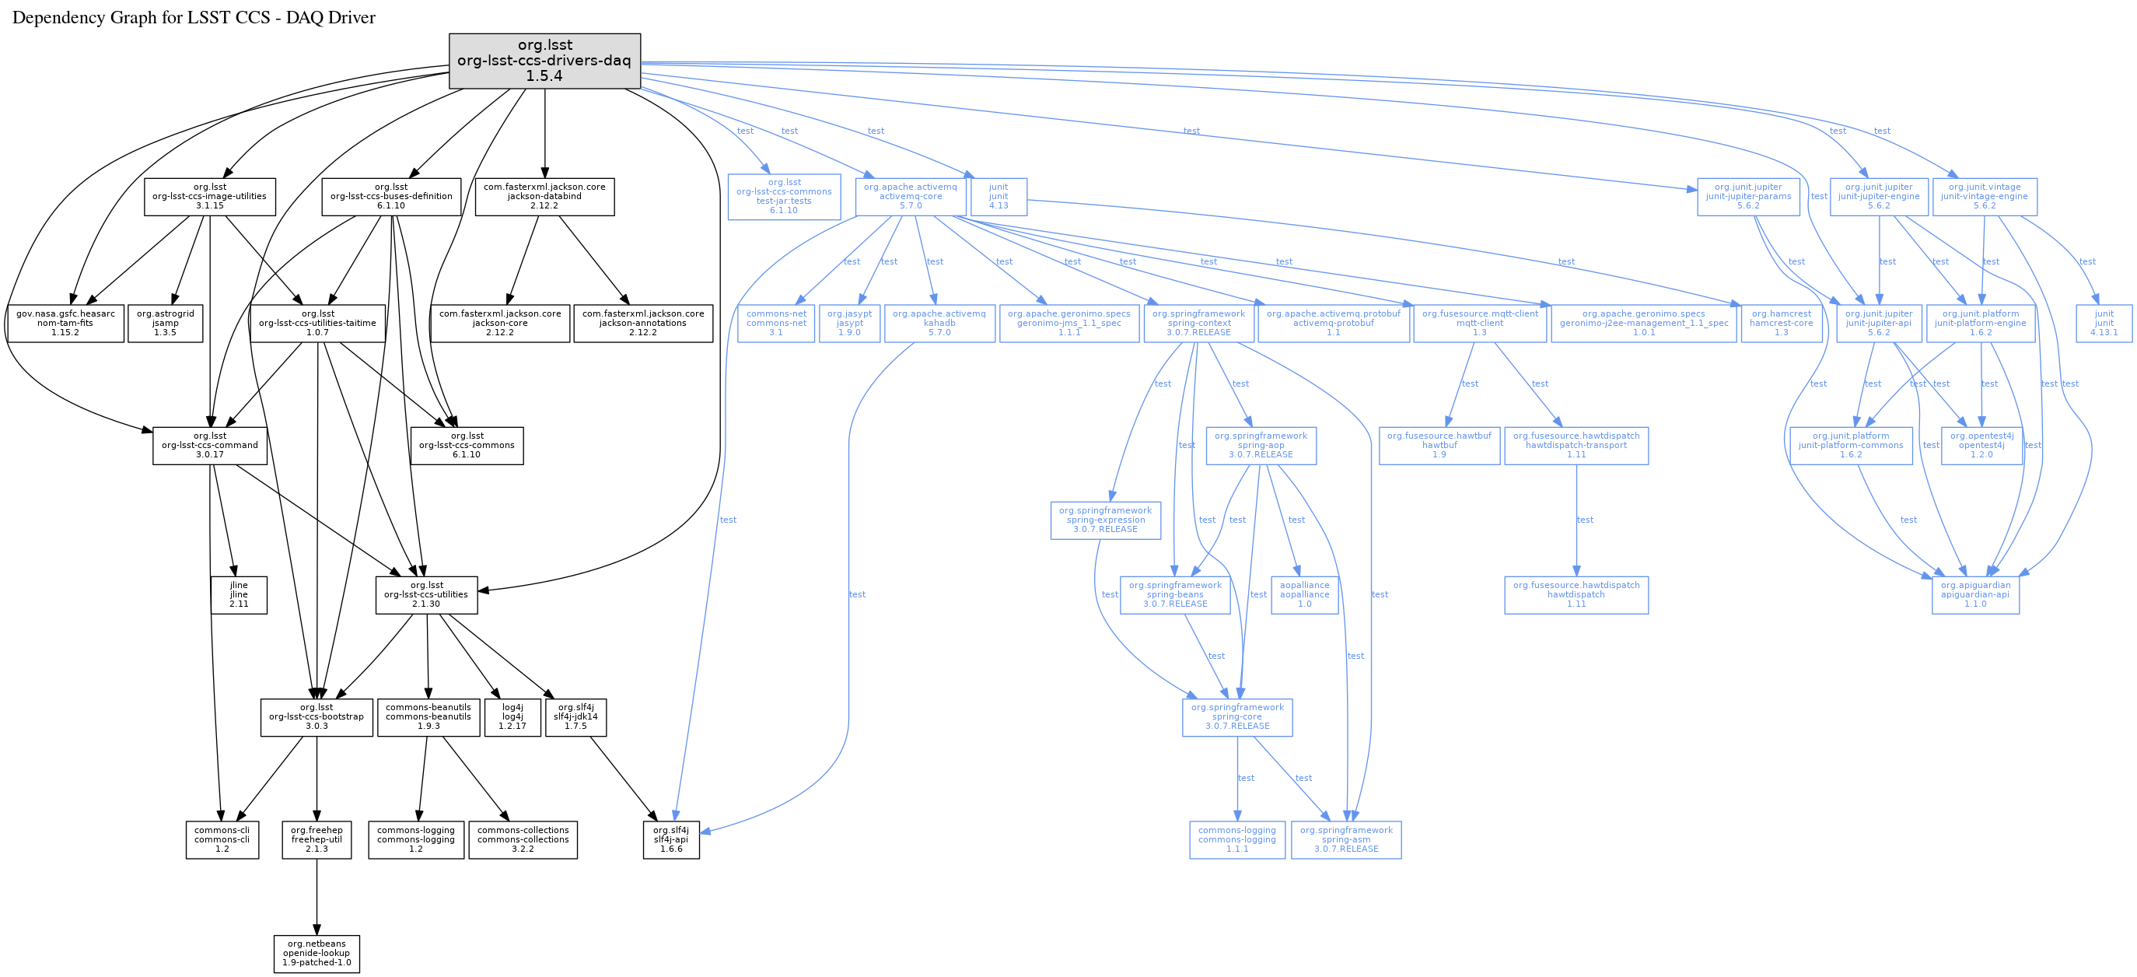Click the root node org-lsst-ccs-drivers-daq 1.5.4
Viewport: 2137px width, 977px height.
[544, 61]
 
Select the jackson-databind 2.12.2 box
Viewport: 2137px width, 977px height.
[544, 197]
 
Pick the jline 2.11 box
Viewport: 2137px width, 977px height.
[239, 595]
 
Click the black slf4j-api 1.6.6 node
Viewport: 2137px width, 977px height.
[671, 839]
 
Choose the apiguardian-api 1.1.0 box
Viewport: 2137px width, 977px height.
[1974, 595]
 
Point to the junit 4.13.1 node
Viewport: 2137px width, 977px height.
[2104, 323]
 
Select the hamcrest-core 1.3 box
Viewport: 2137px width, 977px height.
[1781, 323]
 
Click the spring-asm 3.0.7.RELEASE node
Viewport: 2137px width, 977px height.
[1345, 839]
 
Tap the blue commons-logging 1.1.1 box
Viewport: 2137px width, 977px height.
[1237, 839]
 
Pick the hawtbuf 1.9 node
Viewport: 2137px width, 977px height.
[1439, 445]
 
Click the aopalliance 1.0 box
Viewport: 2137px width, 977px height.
[1304, 595]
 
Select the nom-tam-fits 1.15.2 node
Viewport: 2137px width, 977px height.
[65, 323]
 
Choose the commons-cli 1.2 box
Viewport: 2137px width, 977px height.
[222, 839]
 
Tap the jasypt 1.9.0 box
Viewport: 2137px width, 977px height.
[849, 323]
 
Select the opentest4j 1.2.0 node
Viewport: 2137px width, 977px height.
[1981, 445]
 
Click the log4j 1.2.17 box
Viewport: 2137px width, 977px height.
[512, 717]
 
